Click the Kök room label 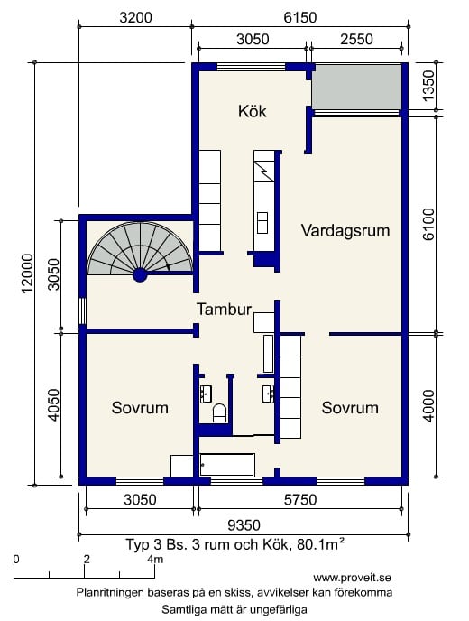coord(253,111)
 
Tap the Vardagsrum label coord(345,230)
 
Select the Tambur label coord(225,310)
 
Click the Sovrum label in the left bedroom coord(140,408)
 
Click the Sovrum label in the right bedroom coord(350,408)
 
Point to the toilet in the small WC coord(220,412)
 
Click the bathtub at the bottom coord(226,465)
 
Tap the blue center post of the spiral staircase coord(140,275)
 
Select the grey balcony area coord(357,88)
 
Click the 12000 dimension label coord(27,273)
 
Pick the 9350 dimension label coord(244,525)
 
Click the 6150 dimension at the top coord(300,17)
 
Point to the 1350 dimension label coord(428,86)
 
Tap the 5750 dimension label coord(300,500)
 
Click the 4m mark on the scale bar coord(155,560)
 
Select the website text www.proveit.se coord(353,578)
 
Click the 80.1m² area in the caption coord(320,544)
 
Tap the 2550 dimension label coord(356,39)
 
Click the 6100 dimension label coord(428,224)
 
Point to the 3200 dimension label coord(135,17)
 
